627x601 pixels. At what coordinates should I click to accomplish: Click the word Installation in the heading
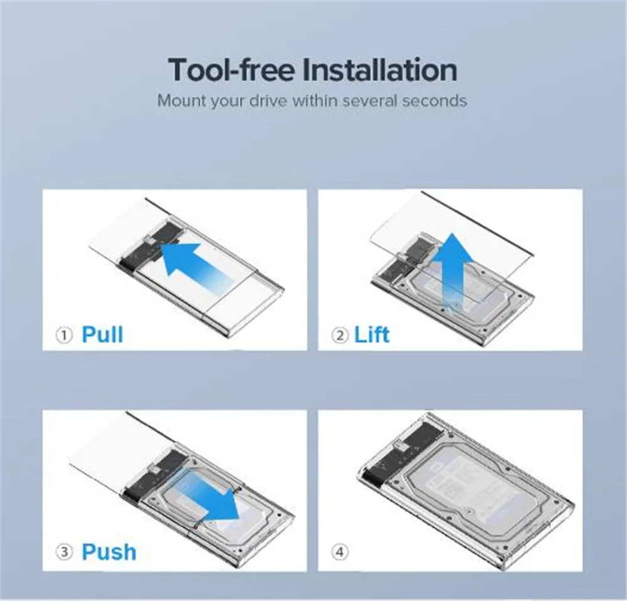click(x=380, y=69)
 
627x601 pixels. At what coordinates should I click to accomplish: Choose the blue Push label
click(x=109, y=552)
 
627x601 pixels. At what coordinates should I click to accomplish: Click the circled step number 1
click(x=65, y=335)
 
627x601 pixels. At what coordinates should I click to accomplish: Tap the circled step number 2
click(x=340, y=335)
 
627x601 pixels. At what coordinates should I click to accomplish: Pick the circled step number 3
click(x=65, y=553)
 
